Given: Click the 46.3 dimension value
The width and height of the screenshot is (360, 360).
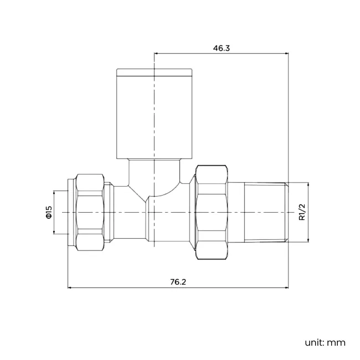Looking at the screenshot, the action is [x=222, y=48].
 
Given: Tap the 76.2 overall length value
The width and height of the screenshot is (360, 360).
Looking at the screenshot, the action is [x=178, y=282].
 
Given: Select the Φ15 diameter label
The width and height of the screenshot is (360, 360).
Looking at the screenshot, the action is [x=49, y=212].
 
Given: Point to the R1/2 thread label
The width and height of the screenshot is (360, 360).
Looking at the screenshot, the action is [x=302, y=212].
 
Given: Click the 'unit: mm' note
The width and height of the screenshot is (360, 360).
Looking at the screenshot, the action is [x=325, y=343].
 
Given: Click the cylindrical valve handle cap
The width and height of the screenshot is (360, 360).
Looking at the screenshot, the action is [x=154, y=114].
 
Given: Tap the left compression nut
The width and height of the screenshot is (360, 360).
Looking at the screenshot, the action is [x=90, y=212].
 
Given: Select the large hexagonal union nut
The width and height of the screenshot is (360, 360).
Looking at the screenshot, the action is [x=212, y=212].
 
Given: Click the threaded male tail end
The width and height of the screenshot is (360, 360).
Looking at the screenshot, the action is [x=266, y=212].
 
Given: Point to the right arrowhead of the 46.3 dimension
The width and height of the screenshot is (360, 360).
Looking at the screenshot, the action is [x=286, y=54].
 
